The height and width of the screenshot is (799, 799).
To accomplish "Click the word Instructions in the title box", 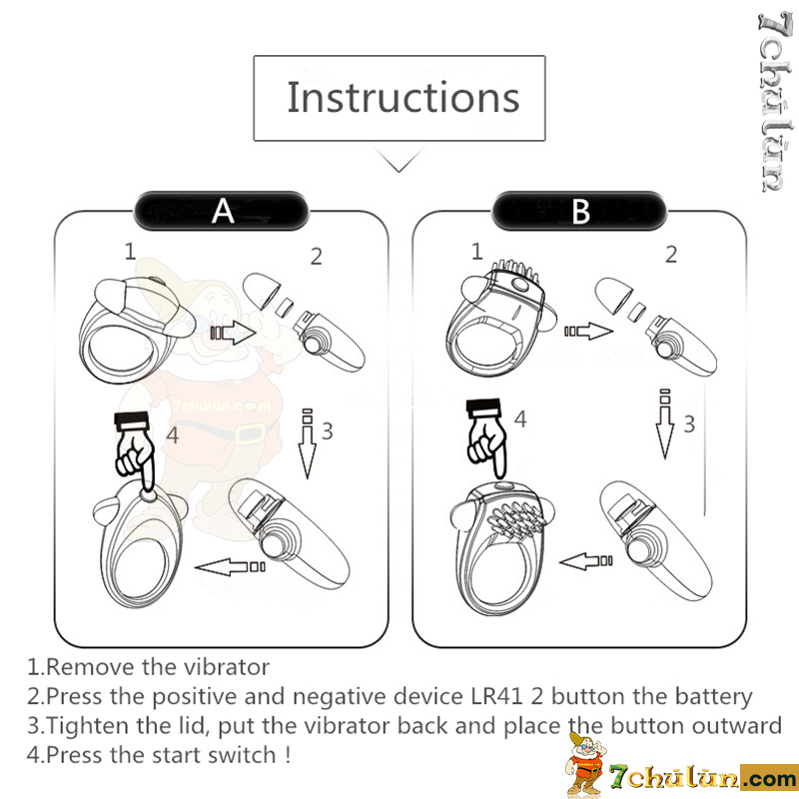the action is tap(403, 97).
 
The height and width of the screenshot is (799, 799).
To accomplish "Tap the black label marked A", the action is tap(222, 211).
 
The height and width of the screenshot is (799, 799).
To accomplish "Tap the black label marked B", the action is tap(580, 211).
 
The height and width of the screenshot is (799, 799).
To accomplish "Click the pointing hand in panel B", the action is tap(487, 439).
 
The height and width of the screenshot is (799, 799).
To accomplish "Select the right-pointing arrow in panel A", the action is tap(233, 333).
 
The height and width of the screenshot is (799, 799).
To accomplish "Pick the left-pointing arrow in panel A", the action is tap(230, 566).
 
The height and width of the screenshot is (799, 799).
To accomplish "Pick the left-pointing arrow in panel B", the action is tap(586, 561).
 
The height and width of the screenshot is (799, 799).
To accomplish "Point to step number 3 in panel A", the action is tap(328, 431).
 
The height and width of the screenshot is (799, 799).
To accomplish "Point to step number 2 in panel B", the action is tap(671, 255).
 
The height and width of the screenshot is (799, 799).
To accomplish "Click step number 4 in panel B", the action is tap(520, 419).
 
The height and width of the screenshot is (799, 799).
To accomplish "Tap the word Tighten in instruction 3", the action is tap(87, 726).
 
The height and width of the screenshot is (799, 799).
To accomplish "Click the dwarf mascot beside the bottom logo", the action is tap(585, 763).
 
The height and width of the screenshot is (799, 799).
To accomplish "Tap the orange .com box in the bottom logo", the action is tap(769, 778).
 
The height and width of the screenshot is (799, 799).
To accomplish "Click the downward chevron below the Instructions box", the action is tap(399, 160).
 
